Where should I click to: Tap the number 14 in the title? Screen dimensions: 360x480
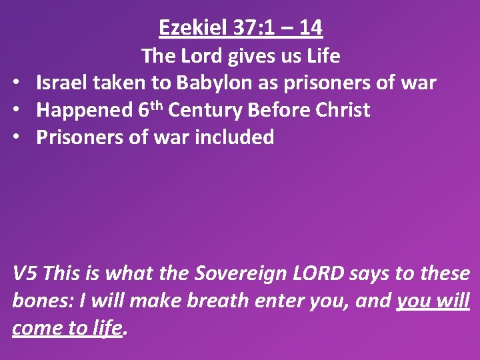(311, 28)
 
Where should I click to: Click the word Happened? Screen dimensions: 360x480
(84, 110)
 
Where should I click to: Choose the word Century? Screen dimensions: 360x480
(206, 110)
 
